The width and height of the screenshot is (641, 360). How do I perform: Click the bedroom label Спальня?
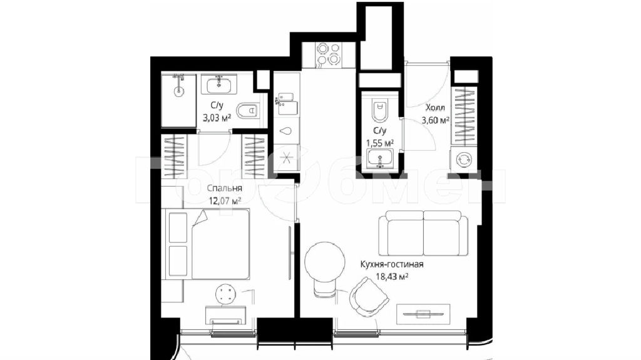tap(225, 188)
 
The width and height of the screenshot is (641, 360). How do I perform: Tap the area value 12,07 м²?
tap(225, 200)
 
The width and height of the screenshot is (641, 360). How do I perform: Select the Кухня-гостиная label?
tap(392, 264)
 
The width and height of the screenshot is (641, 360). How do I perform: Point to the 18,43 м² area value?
tap(392, 277)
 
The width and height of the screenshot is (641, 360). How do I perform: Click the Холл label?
tap(435, 108)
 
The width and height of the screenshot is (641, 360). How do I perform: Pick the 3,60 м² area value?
tap(436, 120)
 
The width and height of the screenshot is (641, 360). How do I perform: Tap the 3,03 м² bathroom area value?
tap(217, 118)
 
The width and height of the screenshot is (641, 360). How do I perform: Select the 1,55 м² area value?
tap(380, 143)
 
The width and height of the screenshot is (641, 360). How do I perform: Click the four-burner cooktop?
tap(328, 54)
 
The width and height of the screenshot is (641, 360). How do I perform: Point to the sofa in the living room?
tap(424, 233)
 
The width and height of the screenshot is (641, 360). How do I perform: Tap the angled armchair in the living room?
tap(369, 297)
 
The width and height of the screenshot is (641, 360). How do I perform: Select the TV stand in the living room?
tap(423, 314)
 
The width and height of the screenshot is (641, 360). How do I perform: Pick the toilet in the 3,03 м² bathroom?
tap(248, 110)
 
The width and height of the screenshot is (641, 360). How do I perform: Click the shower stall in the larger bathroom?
tap(178, 100)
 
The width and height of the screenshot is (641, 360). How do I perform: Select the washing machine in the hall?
tap(464, 159)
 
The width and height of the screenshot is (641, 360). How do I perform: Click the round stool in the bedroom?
tap(225, 294)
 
